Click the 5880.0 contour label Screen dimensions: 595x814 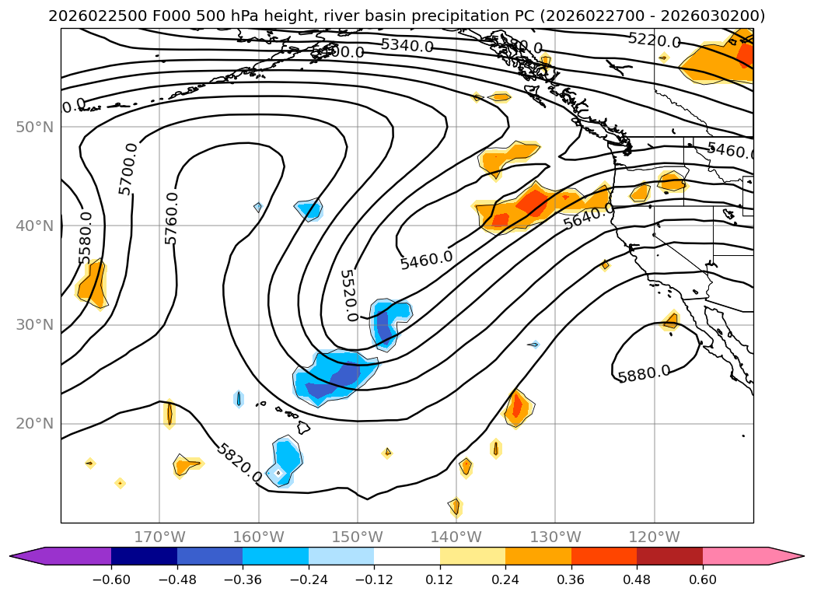(x=644, y=374)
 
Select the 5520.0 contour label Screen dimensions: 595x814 (x=348, y=296)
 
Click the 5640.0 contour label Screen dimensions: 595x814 (x=589, y=217)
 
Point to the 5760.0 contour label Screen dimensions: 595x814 (x=172, y=218)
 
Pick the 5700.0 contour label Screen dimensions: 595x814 (x=128, y=169)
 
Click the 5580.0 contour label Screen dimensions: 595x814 (x=86, y=237)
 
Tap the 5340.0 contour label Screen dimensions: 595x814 (x=407, y=46)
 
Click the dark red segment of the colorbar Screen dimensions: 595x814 (x=669, y=556)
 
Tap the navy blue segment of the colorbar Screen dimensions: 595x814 (x=144, y=556)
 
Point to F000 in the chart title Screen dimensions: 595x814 (x=171, y=16)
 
